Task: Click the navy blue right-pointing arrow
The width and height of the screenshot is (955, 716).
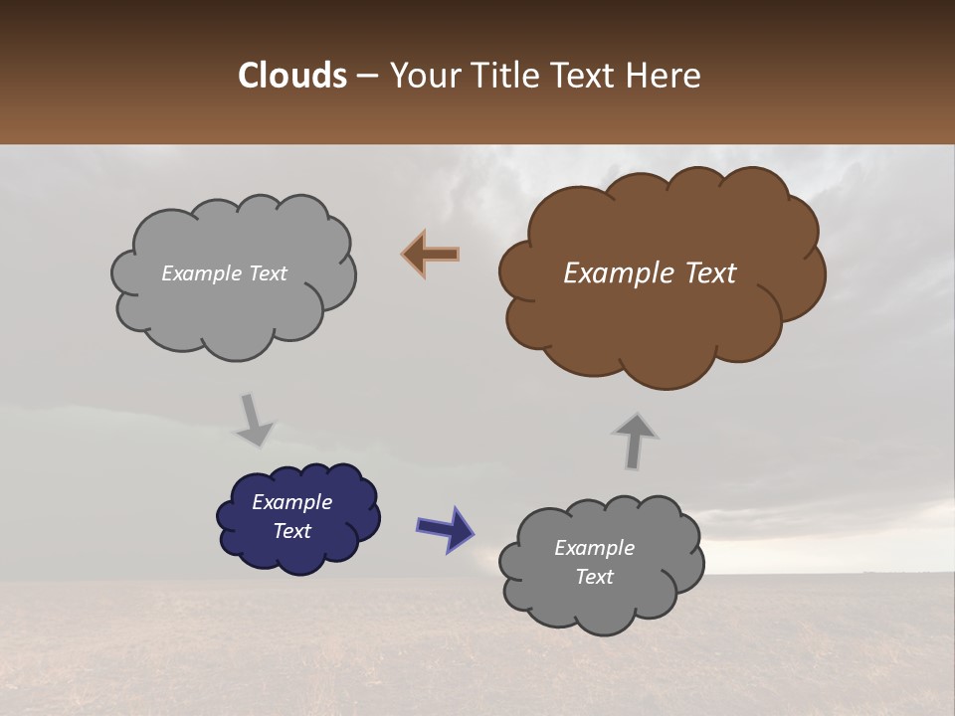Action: pos(445,528)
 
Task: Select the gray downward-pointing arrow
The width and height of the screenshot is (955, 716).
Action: pos(254,420)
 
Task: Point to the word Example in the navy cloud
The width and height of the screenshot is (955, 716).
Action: pos(291,502)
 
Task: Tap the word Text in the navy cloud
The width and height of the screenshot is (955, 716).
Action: pos(292,531)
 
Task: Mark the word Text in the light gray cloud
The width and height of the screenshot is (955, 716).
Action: pos(267,273)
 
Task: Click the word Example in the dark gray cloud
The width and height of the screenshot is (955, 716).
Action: pos(594,548)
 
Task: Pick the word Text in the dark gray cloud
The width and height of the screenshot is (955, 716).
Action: pos(594,577)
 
